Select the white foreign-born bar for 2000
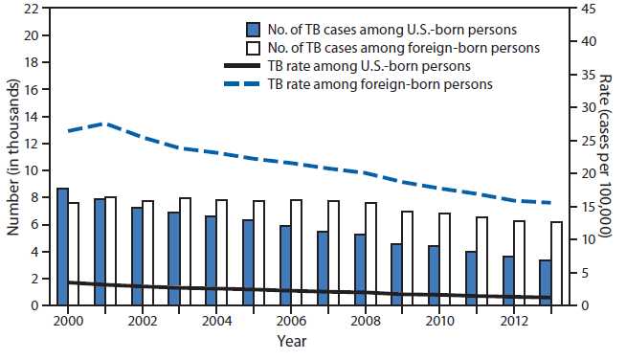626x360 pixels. click(74, 254)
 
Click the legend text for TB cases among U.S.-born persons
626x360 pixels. click(386, 28)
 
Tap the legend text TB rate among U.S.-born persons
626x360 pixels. click(368, 66)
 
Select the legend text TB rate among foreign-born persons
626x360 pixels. click(379, 84)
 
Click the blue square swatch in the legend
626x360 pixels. click(253, 28)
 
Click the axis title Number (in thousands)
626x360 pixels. click(13, 157)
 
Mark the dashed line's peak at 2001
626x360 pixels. click(105, 124)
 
